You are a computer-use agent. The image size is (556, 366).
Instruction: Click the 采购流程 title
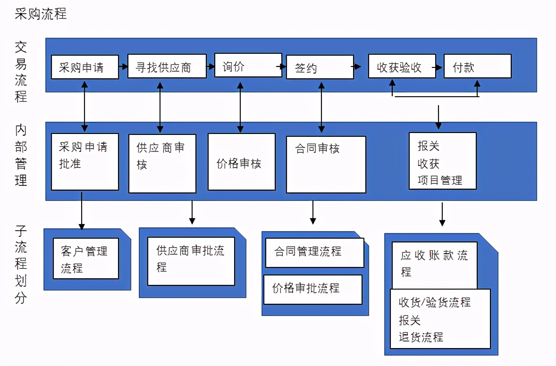point(41,14)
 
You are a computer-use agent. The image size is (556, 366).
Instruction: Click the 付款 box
point(477,66)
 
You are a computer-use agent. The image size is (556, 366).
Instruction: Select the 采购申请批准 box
point(85,162)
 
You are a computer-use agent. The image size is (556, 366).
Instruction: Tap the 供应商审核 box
point(162,163)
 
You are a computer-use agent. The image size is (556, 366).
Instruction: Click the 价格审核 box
point(242,162)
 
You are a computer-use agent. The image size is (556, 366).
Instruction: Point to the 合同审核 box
point(326,165)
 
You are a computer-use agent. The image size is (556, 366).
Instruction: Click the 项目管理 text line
point(440,180)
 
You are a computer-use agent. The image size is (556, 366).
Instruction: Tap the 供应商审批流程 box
point(191,261)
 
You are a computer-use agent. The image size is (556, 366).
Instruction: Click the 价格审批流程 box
point(312,289)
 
